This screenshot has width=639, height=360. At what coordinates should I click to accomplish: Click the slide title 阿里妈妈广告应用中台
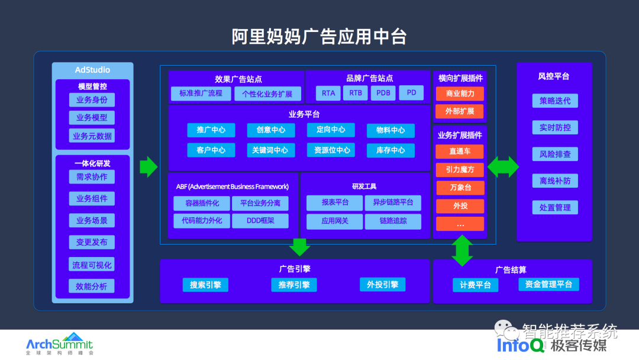[x=319, y=36]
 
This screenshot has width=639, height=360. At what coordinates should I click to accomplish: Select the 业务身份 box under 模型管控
[x=92, y=99]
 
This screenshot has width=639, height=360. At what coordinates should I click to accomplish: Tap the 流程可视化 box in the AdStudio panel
[x=92, y=265]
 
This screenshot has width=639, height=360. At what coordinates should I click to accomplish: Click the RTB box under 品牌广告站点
[x=356, y=93]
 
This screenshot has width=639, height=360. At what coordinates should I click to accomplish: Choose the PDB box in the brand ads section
[x=383, y=93]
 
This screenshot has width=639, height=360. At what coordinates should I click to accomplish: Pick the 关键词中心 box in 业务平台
[x=270, y=150]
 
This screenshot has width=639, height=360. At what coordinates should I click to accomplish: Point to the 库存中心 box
[x=390, y=150]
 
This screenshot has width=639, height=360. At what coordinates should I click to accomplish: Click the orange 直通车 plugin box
[x=460, y=151]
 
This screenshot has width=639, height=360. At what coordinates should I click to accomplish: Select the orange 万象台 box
[x=460, y=188]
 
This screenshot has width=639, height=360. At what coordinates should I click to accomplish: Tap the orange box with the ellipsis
[x=460, y=224]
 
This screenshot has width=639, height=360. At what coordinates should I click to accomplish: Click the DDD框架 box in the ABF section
[x=260, y=221]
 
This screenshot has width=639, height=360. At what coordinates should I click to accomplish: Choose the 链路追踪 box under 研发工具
[x=393, y=221]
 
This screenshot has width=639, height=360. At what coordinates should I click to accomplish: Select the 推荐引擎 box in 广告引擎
[x=294, y=285]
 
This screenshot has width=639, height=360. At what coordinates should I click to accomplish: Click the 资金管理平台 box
[x=548, y=284]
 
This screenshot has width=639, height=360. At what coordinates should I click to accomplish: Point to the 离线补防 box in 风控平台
[x=555, y=181]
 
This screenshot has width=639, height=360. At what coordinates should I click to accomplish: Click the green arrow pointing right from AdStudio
[x=148, y=166]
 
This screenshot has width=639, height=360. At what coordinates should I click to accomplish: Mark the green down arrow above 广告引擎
[x=300, y=246]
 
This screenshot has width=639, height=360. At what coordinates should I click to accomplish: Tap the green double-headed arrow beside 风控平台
[x=502, y=166]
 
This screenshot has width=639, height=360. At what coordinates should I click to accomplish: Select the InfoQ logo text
[x=521, y=345]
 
